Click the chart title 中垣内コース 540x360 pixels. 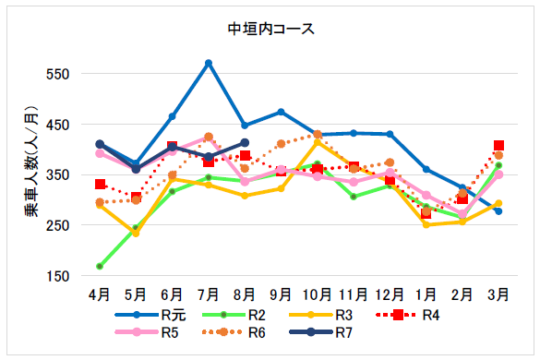coord(270,29)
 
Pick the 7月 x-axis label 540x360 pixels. coord(209,294)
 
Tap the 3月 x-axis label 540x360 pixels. coord(498,294)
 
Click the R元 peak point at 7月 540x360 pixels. coord(209,63)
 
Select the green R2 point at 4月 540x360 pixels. coord(100,266)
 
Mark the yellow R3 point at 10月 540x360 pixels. coord(318,142)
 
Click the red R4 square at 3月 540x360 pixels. coord(498,146)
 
